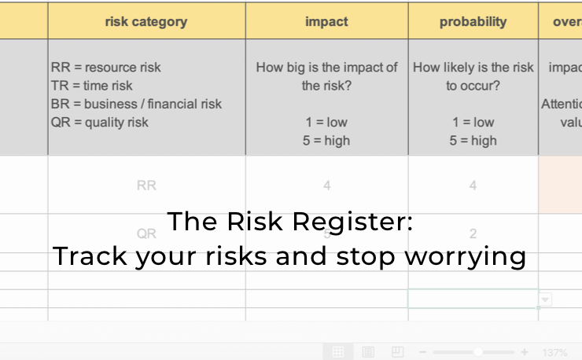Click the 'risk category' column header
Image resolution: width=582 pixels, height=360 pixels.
(x=146, y=22)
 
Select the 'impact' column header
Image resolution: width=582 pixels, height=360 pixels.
(x=326, y=22)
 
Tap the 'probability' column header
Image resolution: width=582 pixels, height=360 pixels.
(x=473, y=22)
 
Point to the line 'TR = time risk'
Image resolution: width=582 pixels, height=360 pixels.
(x=92, y=86)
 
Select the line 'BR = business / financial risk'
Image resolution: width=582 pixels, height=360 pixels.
(x=136, y=104)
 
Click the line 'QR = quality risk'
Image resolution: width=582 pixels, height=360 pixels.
(x=100, y=122)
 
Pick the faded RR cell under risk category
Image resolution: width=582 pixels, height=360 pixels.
(x=146, y=186)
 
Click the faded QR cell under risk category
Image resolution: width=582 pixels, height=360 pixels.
(x=146, y=233)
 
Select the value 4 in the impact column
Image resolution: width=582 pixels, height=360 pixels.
(x=326, y=186)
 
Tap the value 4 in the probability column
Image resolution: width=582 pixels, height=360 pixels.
(x=473, y=186)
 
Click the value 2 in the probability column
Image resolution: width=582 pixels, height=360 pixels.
(x=473, y=233)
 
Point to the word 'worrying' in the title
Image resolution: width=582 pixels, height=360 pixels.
(x=475, y=257)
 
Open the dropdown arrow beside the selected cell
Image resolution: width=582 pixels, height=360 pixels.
(x=545, y=299)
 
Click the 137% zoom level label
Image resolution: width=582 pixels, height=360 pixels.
(x=554, y=352)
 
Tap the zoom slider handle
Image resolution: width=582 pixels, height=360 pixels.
(x=477, y=352)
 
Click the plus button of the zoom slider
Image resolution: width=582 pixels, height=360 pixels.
(x=525, y=352)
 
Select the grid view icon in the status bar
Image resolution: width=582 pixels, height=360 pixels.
(x=337, y=351)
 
